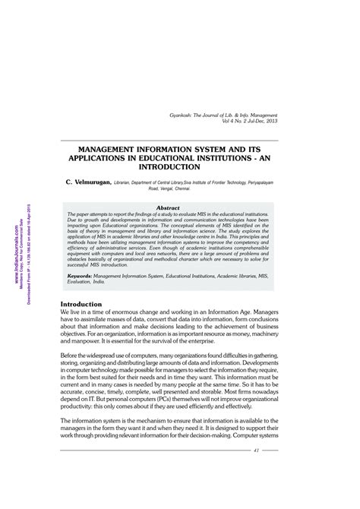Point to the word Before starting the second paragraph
pyautogui.click(x=73, y=356)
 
